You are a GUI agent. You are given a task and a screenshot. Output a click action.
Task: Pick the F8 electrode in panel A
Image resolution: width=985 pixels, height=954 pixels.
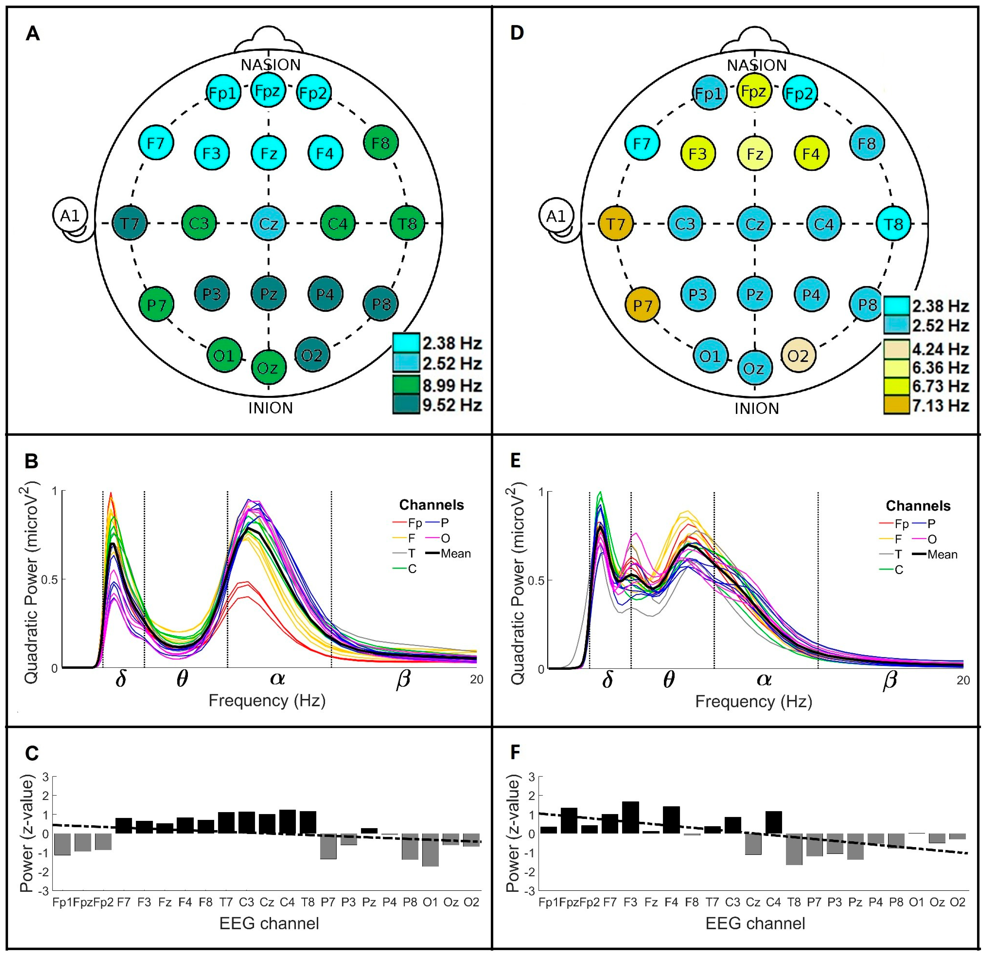point(380,143)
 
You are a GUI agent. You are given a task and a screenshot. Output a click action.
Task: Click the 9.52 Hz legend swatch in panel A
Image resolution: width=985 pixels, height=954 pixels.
point(406,405)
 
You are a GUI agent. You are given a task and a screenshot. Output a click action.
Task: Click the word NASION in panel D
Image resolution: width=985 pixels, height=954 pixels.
point(756,65)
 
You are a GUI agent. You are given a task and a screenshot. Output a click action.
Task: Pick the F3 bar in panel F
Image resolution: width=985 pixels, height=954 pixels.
point(630,817)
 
